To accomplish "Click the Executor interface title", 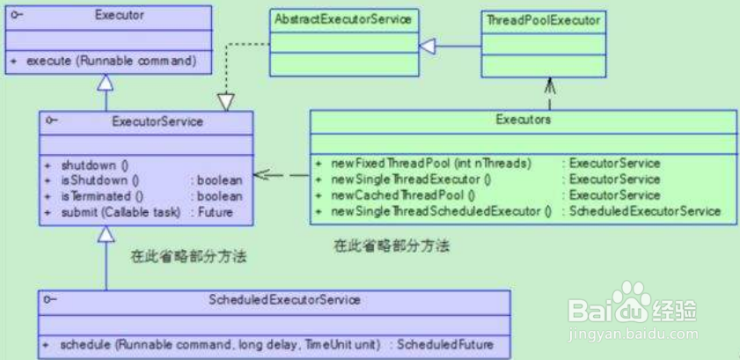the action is (x=120, y=15).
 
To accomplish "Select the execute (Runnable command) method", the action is (x=111, y=62).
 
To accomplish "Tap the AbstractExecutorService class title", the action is (x=343, y=19).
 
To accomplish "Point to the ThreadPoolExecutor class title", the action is (x=543, y=20).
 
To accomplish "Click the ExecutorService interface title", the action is (x=158, y=121).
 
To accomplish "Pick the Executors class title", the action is (x=523, y=120).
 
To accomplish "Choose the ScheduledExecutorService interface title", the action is (x=284, y=299).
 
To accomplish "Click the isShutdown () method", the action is (x=100, y=180).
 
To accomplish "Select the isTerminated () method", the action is (x=102, y=196).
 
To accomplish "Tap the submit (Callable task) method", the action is (x=121, y=212).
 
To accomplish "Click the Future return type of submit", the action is (x=216, y=212).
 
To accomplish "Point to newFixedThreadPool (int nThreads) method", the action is (x=431, y=163).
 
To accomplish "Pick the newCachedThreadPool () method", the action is (x=403, y=195).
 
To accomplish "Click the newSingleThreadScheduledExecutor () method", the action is (x=441, y=211).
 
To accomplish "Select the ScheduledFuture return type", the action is (x=445, y=344).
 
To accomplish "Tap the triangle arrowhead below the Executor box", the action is (x=106, y=82).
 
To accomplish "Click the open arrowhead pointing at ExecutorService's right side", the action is (x=261, y=175).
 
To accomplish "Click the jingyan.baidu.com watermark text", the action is (x=634, y=334).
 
